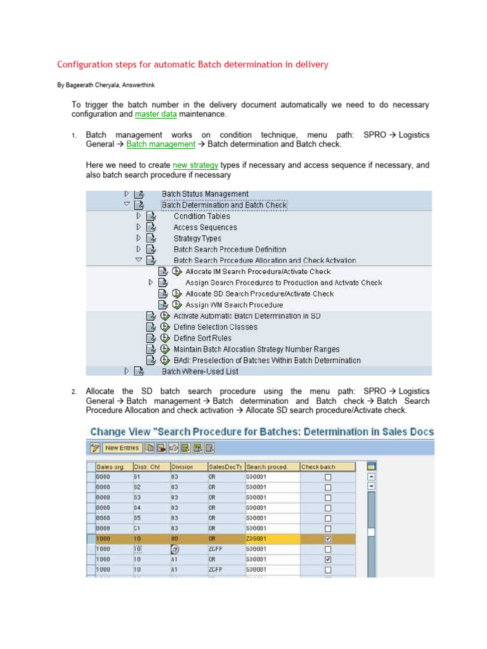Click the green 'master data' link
(155, 114)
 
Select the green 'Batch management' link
(160, 145)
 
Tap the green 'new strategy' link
(195, 165)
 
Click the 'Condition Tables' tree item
(202, 216)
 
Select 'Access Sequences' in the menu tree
(205, 228)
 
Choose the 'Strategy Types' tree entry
(197, 238)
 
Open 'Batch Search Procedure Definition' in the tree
(230, 250)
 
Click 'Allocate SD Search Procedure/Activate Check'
(259, 294)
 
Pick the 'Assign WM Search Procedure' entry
(234, 305)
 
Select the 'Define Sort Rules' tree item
(202, 338)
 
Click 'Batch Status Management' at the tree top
(205, 194)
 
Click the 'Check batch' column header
(318, 467)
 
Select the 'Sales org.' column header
(110, 467)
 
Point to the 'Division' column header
(184, 467)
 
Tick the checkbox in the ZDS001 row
(328, 539)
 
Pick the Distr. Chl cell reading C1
(137, 528)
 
